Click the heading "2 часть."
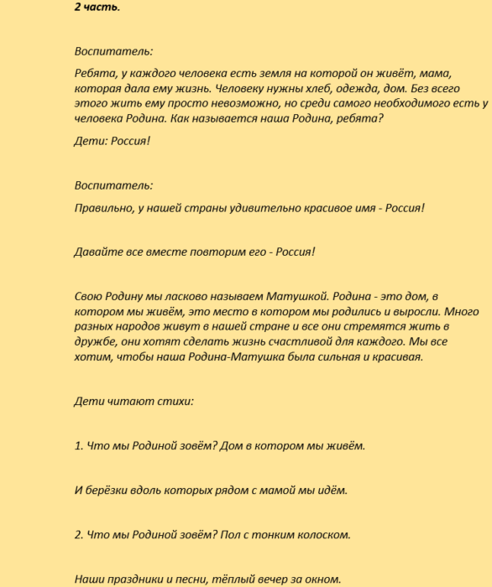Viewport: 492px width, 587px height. click(97, 8)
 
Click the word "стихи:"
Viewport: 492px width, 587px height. click(175, 401)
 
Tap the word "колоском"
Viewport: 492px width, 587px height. click(320, 534)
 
